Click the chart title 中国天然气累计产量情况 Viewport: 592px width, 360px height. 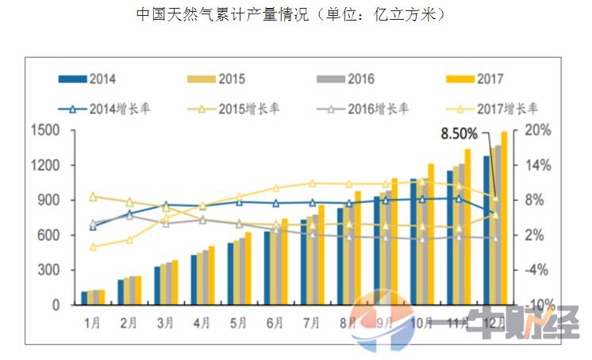click(x=222, y=14)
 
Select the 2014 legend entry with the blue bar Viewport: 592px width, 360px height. click(x=87, y=79)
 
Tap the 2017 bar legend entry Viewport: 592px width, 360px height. click(x=475, y=79)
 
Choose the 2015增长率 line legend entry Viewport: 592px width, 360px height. click(x=233, y=109)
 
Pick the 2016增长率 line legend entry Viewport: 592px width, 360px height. click(x=363, y=109)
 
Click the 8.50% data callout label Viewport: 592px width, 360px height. click(x=459, y=133)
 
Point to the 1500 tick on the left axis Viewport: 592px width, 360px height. click(x=45, y=130)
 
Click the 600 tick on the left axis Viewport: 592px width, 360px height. click(x=48, y=235)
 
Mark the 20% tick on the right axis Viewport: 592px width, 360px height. click(x=538, y=130)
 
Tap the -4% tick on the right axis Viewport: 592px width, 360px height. click(x=536, y=270)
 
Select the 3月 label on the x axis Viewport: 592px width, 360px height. click(x=165, y=323)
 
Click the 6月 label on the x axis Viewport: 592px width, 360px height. click(x=275, y=323)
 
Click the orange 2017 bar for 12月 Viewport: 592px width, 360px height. click(x=504, y=218)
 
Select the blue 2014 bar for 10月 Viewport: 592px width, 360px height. click(x=413, y=242)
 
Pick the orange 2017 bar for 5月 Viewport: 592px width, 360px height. click(x=248, y=268)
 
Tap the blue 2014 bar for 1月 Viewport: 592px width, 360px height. click(x=84, y=298)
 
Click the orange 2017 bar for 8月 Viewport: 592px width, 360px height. click(x=358, y=248)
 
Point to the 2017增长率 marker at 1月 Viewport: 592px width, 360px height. click(x=93, y=247)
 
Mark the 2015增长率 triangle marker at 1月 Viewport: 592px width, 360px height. click(x=93, y=197)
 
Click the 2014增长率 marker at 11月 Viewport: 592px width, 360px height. click(x=459, y=199)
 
